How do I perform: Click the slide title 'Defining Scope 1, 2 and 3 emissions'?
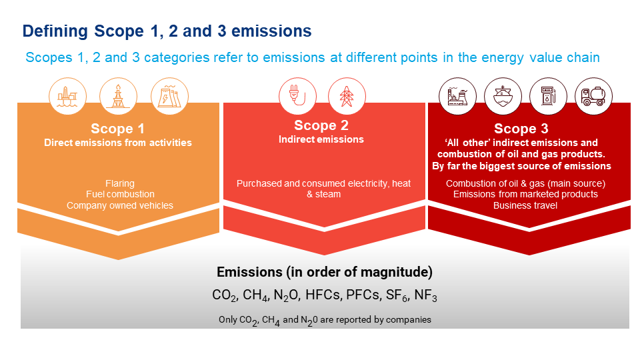[x=167, y=31]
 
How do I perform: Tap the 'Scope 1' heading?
[x=117, y=129]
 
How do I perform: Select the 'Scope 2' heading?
[x=321, y=125]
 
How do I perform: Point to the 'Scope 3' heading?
[x=521, y=129]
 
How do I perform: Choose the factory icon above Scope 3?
[x=457, y=97]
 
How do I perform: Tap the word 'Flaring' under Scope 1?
[x=120, y=183]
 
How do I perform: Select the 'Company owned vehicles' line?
[x=120, y=205]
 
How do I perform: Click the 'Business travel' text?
[x=525, y=205]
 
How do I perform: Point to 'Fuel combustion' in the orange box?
[x=120, y=194]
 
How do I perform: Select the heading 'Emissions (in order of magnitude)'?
[x=325, y=272]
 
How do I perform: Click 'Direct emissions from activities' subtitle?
[x=118, y=143]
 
